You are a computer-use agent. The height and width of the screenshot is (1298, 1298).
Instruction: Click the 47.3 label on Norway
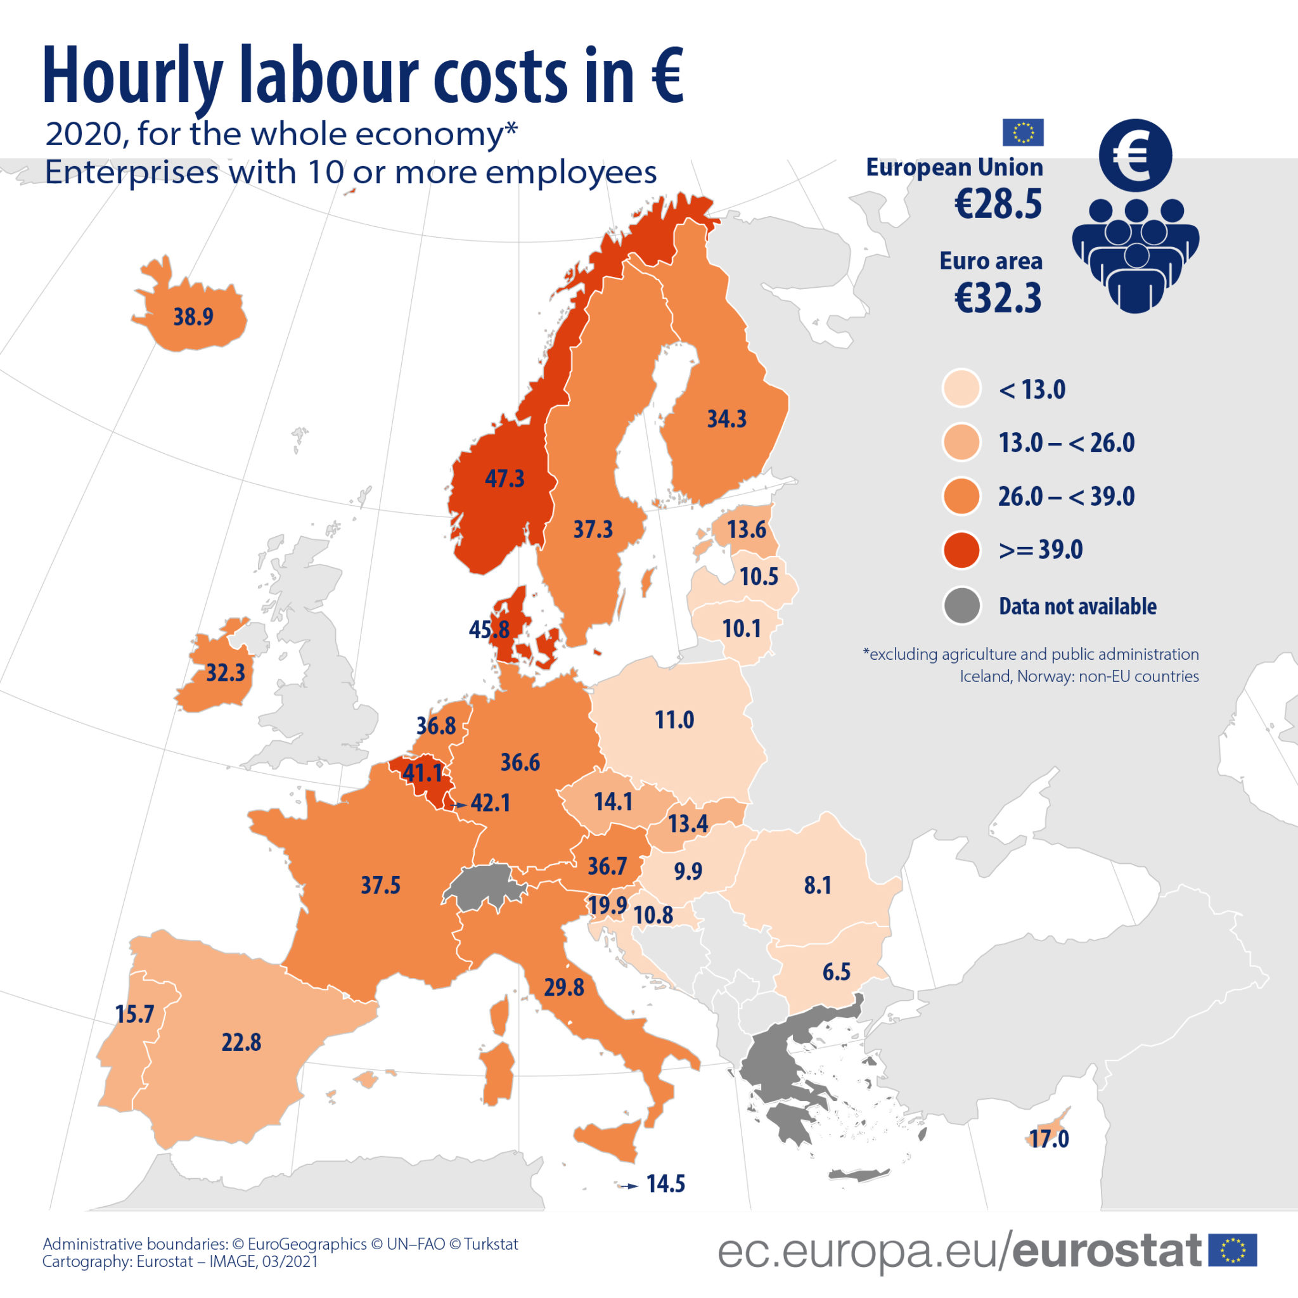point(504,479)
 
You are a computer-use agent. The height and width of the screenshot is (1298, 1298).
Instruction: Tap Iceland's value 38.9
point(193,316)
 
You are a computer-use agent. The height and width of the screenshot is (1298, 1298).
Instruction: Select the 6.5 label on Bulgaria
point(837,972)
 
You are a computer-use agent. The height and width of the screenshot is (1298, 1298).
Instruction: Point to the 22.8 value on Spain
point(241,1042)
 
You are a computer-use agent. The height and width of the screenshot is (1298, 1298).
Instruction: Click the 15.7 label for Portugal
point(134,1014)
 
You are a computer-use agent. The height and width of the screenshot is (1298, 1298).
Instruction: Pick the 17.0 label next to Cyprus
point(1049,1139)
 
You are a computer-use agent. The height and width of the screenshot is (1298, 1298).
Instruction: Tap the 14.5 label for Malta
point(665,1184)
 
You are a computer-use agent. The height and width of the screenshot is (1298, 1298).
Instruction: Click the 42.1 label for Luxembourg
point(491,803)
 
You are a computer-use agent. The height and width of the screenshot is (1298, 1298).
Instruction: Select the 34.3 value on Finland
point(727,419)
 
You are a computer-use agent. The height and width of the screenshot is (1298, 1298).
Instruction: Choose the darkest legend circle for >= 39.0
point(961,549)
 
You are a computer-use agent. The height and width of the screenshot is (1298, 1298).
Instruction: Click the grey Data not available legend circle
point(961,605)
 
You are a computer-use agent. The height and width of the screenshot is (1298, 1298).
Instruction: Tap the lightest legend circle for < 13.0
point(961,389)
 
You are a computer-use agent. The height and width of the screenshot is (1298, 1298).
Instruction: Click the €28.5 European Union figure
point(998,204)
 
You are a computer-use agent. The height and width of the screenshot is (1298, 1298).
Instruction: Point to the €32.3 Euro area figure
point(998,299)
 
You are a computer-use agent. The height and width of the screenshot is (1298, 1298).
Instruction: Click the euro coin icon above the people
point(1135,155)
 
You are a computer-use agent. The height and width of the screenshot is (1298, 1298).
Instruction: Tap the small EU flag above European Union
point(1022,132)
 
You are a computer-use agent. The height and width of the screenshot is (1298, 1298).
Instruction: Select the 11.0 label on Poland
point(674,720)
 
